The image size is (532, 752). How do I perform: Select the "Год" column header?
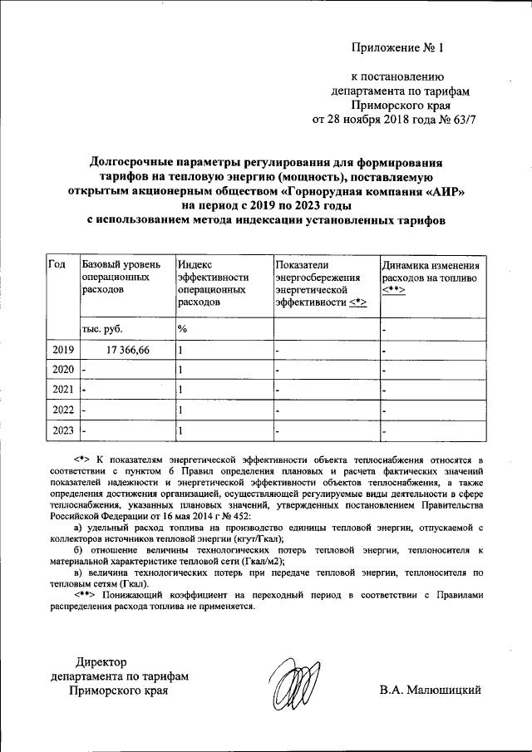(57, 264)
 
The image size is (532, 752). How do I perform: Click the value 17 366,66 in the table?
(122, 351)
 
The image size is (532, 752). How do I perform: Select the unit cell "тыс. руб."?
(102, 329)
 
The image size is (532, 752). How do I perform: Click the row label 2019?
(62, 351)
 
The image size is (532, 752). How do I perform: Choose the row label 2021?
(62, 389)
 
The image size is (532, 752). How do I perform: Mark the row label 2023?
(62, 430)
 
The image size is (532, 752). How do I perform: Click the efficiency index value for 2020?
(180, 369)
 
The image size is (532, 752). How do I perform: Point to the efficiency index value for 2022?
(180, 410)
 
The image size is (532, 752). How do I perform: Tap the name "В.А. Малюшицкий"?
(429, 690)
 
